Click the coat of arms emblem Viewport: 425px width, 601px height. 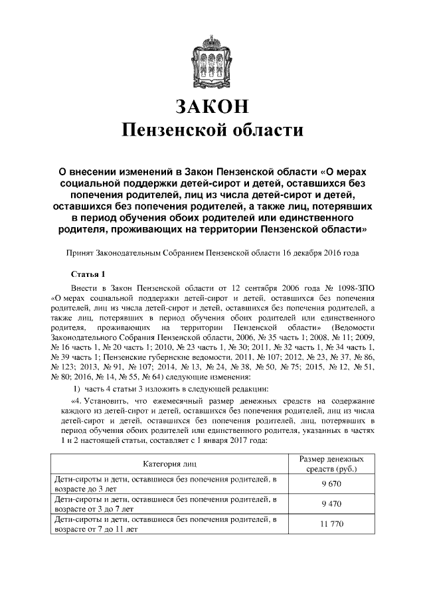[212, 58]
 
